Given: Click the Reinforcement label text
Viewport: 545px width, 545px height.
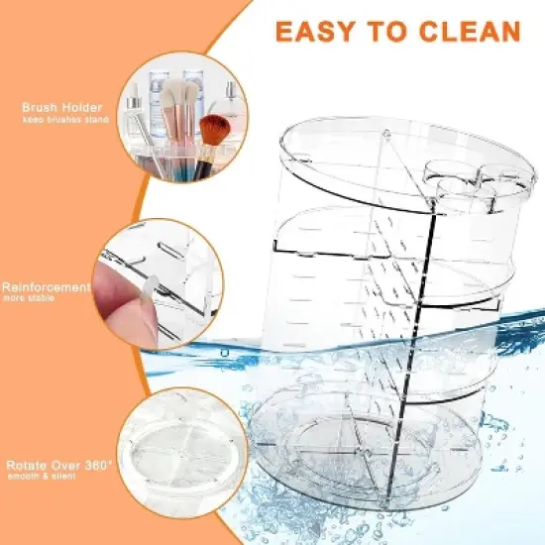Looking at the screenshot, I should (x=47, y=286).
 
